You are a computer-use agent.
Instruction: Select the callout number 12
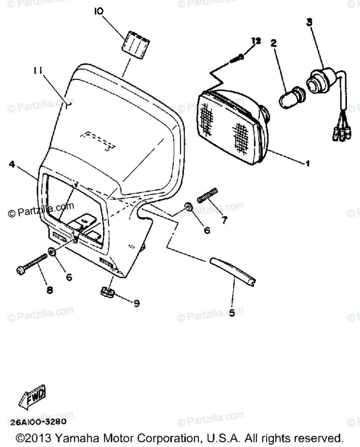point(256,41)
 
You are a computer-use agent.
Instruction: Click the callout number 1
point(308,163)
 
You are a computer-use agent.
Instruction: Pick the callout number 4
point(12,164)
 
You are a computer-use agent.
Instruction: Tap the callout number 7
point(224,220)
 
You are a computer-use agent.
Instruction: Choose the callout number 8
point(50,289)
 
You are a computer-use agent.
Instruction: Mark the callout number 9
point(136,304)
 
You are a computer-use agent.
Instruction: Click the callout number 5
point(232,313)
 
